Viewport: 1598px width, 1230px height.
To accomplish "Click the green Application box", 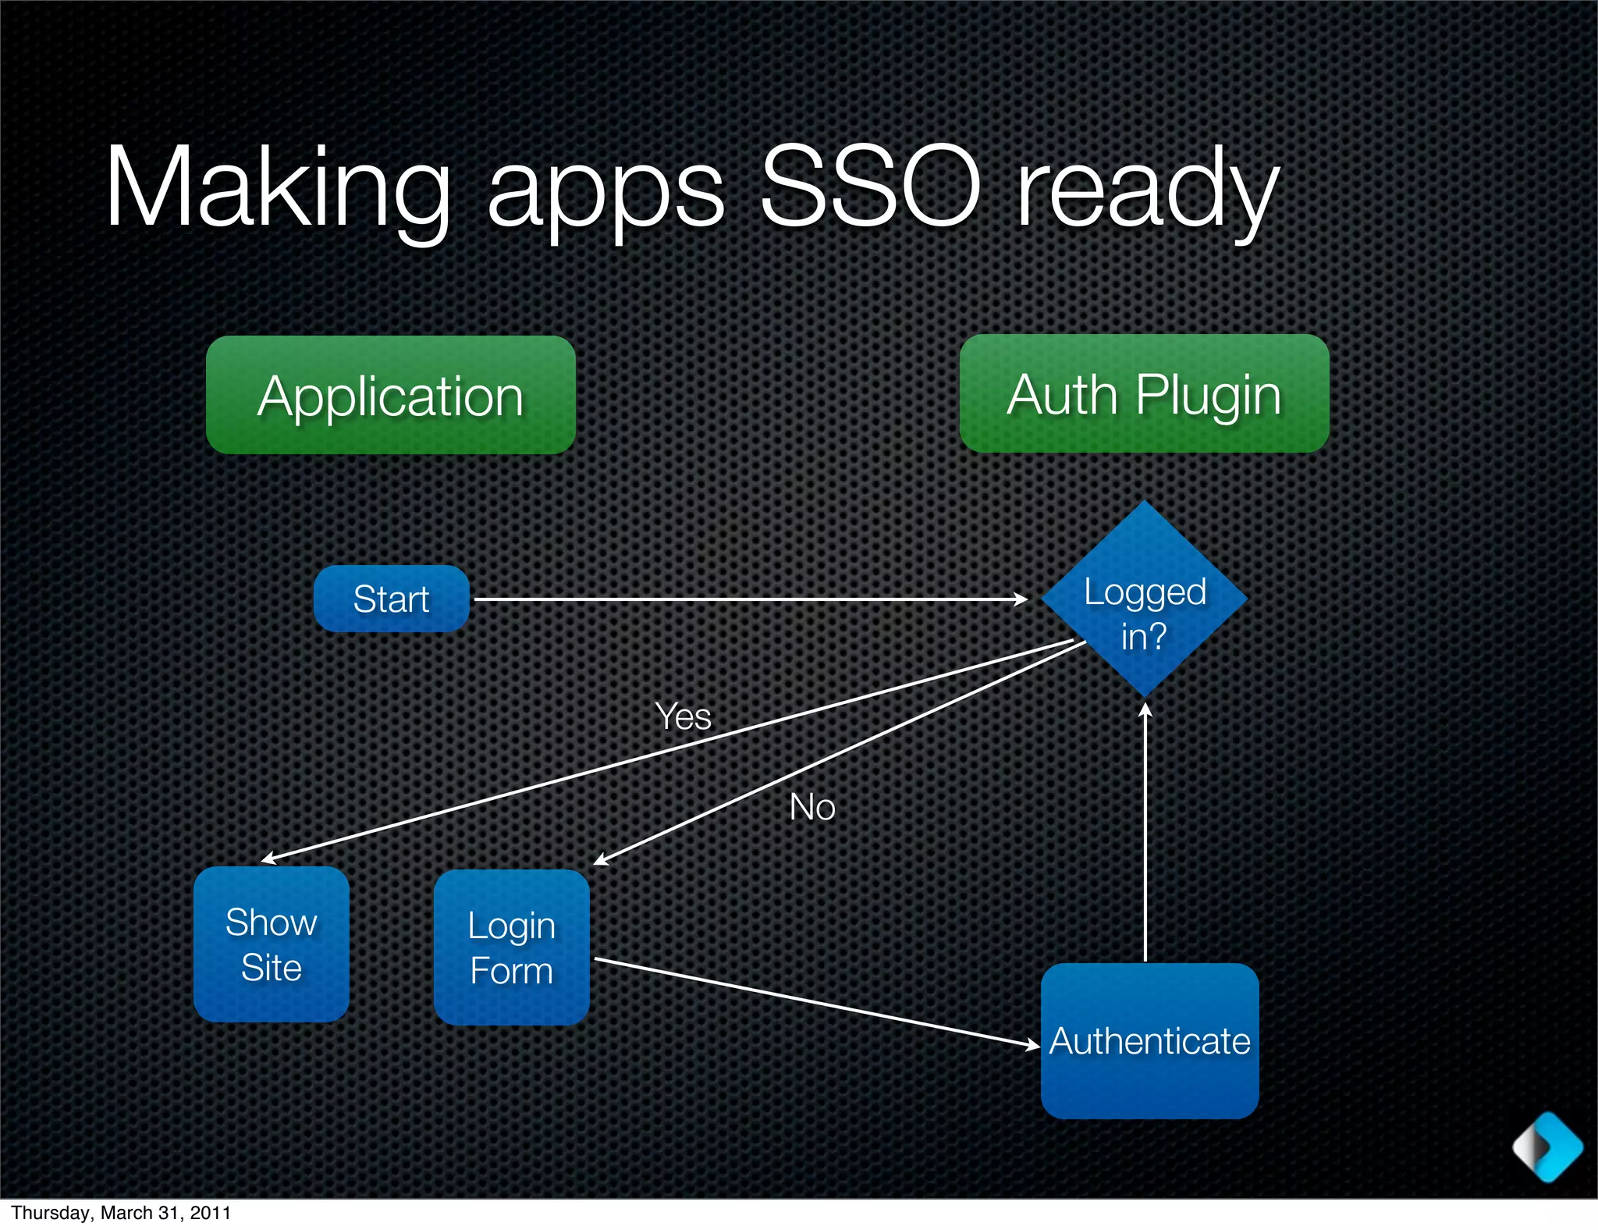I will pos(390,395).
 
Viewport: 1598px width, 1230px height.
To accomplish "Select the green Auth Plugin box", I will pos(1144,393).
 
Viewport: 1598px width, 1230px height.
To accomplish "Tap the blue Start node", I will pos(391,599).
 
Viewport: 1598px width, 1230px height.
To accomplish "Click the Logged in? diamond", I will pos(1144,599).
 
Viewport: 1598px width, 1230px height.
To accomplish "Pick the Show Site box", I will pos(271,944).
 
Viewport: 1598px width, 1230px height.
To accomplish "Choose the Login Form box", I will pos(511,947).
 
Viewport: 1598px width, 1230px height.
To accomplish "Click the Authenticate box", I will pos(1149,1040).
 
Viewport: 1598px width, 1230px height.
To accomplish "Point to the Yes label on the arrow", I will pos(683,716).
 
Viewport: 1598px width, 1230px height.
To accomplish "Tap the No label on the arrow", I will pos(811,807).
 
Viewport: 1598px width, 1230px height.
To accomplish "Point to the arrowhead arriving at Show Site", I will pos(268,859).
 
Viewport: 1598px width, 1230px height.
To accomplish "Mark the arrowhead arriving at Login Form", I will pos(600,861).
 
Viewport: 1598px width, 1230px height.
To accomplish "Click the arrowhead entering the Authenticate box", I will pos(1033,1045).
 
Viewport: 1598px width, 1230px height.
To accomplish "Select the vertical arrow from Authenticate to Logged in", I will pos(1145,835).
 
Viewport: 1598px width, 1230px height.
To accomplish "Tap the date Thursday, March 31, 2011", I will pos(121,1213).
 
